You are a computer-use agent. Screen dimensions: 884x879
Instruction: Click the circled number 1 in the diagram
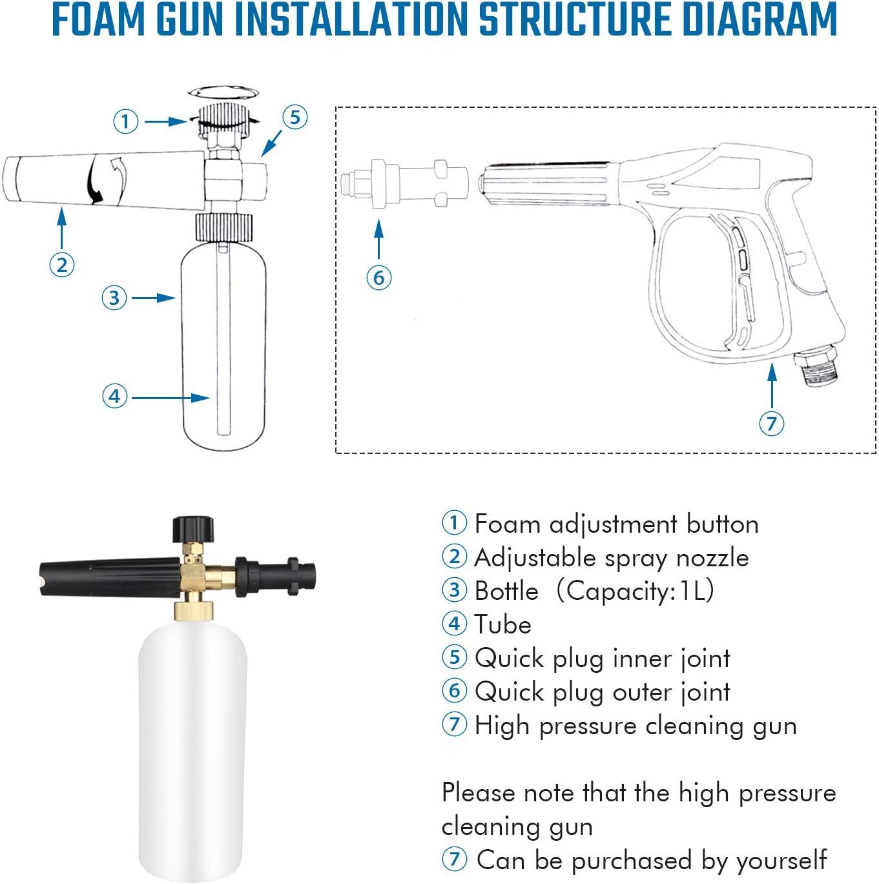pyautogui.click(x=126, y=121)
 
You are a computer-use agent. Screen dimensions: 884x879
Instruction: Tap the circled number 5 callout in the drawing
pyautogui.click(x=295, y=118)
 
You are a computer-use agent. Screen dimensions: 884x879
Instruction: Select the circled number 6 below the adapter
pyautogui.click(x=379, y=278)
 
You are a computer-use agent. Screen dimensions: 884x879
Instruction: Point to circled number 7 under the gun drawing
pyautogui.click(x=771, y=424)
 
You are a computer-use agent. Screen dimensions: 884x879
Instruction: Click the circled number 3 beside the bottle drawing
pyautogui.click(x=114, y=298)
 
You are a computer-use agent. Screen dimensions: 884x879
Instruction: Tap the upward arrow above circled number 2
pyautogui.click(x=62, y=229)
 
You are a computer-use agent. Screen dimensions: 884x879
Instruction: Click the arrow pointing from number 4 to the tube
pyautogui.click(x=171, y=398)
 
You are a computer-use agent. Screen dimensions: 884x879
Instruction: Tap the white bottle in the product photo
pyautogui.click(x=192, y=743)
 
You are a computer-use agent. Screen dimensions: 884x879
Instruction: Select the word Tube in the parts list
pyautogui.click(x=502, y=624)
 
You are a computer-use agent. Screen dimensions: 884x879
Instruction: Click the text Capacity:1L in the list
pyautogui.click(x=636, y=591)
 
